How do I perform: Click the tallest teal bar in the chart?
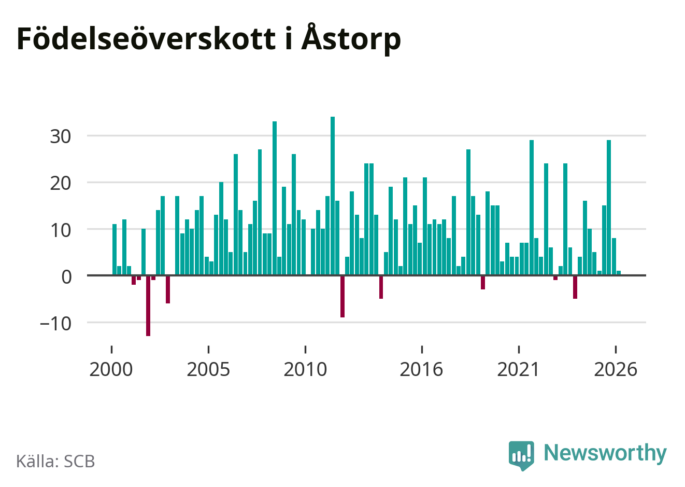click(333, 196)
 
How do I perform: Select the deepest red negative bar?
click(148, 306)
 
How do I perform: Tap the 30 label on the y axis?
click(61, 136)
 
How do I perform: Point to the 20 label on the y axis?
click(61, 184)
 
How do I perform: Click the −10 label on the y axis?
click(55, 324)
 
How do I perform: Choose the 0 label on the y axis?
click(66, 277)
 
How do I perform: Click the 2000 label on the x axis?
click(111, 369)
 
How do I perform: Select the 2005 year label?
click(208, 369)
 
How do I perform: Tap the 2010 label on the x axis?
click(305, 369)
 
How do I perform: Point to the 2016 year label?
click(421, 369)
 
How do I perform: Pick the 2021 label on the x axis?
click(518, 369)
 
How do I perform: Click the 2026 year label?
click(616, 369)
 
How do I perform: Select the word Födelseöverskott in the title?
click(147, 38)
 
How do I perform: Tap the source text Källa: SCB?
click(55, 461)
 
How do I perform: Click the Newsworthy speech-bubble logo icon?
click(521, 455)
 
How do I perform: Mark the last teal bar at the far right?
click(619, 273)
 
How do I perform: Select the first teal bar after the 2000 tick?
click(115, 250)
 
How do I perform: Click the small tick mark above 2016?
click(422, 350)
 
